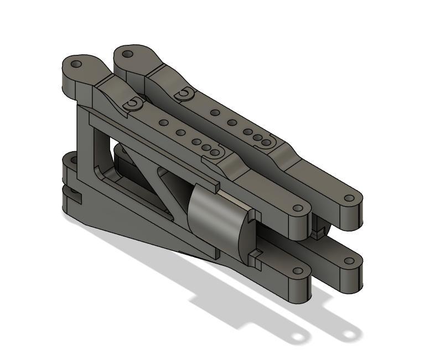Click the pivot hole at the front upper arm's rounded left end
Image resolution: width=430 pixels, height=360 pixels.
click(x=77, y=64)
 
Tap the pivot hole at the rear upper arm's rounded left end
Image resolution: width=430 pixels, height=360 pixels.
click(x=128, y=54)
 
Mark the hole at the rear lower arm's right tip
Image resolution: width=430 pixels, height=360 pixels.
click(x=349, y=261)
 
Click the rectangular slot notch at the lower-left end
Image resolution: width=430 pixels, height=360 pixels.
click(x=73, y=194)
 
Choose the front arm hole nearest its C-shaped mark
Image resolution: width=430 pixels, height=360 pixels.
click(x=163, y=122)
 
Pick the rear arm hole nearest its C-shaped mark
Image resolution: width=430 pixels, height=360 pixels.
click(x=214, y=112)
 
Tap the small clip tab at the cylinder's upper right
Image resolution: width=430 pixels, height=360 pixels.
click(x=253, y=213)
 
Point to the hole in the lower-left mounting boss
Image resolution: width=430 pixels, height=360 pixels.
click(x=71, y=162)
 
